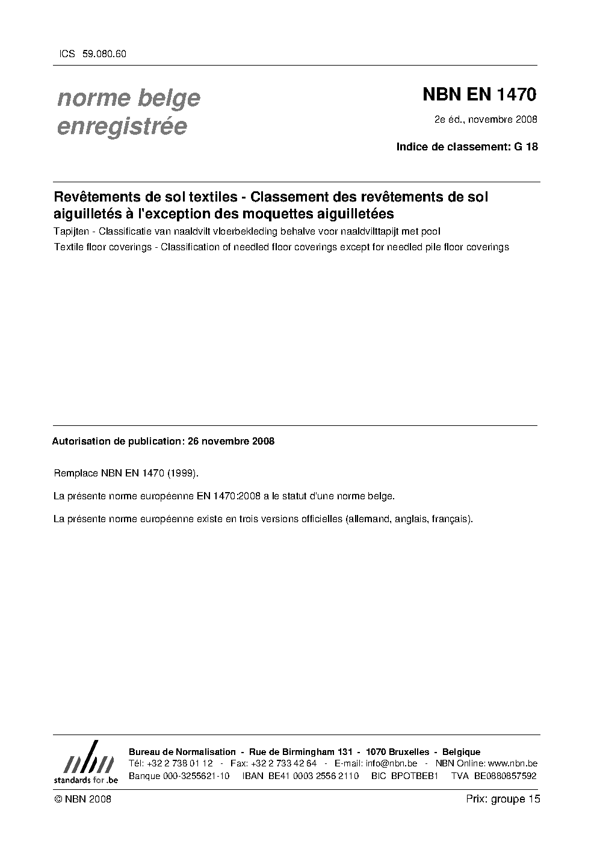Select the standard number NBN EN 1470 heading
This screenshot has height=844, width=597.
479,94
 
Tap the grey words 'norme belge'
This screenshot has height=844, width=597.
128,98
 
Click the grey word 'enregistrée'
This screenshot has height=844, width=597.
122,127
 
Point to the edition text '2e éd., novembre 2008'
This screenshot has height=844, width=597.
486,119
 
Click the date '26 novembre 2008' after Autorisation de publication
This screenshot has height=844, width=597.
231,441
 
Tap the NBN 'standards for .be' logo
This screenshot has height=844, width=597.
85,762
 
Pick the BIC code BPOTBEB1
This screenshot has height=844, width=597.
415,775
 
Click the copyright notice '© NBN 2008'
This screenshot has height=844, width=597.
82,799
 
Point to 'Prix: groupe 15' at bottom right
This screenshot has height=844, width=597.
503,799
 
